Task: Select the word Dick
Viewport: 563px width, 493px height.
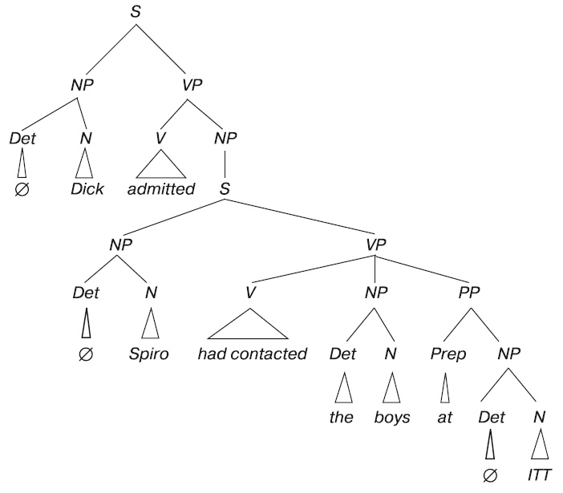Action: click(x=87, y=190)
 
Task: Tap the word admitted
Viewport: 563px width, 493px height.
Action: click(x=161, y=190)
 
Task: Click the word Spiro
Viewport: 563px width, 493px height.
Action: click(x=149, y=354)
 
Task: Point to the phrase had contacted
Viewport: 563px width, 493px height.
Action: click(x=252, y=354)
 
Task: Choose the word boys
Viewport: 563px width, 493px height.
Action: click(x=392, y=417)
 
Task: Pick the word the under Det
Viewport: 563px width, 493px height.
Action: click(x=342, y=417)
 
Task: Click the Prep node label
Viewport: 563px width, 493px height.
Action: click(x=448, y=354)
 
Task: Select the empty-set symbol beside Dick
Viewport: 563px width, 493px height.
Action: click(x=23, y=191)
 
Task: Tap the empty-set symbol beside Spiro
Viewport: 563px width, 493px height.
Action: click(x=87, y=354)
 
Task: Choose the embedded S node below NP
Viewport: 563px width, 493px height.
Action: click(x=225, y=190)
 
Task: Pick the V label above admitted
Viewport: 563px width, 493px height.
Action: click(x=161, y=137)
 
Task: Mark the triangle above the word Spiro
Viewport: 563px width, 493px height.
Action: click(x=149, y=325)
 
